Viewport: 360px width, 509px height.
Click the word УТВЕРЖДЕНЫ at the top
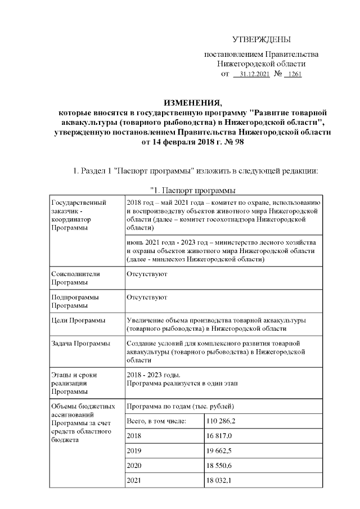point(262,39)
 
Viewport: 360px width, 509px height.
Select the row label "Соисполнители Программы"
point(75,278)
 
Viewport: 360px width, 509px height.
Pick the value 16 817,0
point(220,436)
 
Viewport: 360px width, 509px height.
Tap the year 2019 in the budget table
point(134,451)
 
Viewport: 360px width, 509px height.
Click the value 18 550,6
point(220,466)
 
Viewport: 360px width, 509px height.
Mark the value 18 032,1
point(220,481)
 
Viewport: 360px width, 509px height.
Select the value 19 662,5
point(220,451)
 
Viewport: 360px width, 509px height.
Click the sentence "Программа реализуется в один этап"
point(182,383)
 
